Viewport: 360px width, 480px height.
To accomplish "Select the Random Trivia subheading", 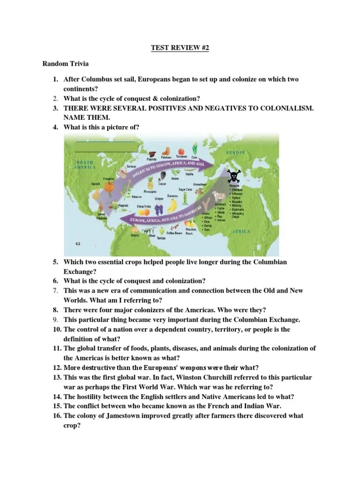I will coord(65,64).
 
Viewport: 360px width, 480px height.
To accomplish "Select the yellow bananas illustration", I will coord(173,204).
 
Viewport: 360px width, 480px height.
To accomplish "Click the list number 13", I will coord(57,377).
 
